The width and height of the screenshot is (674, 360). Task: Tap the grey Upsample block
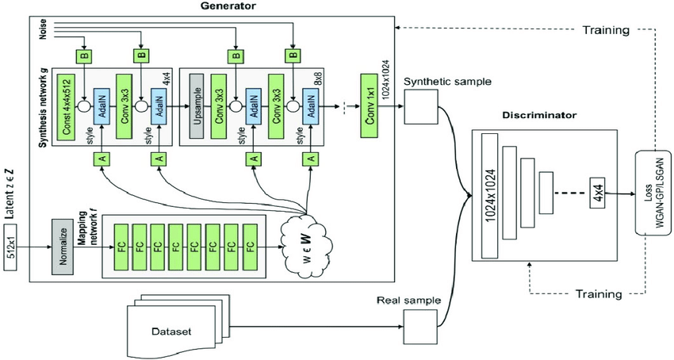point(197,104)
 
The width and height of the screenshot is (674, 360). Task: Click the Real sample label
point(403,300)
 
